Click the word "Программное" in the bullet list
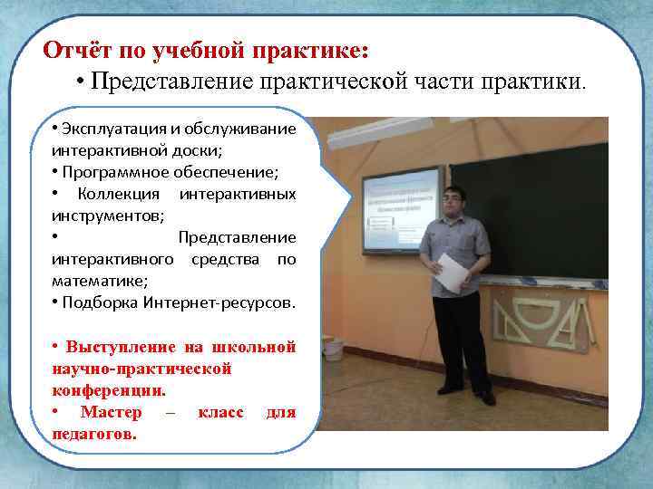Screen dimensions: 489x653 pos(108,172)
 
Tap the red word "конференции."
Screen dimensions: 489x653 pos(109,390)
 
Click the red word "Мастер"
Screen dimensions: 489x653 pos(111,413)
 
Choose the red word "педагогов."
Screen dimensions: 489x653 pos(95,435)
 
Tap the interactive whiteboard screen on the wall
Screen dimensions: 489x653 pos(399,209)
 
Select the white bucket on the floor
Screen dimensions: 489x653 pos(333,348)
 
